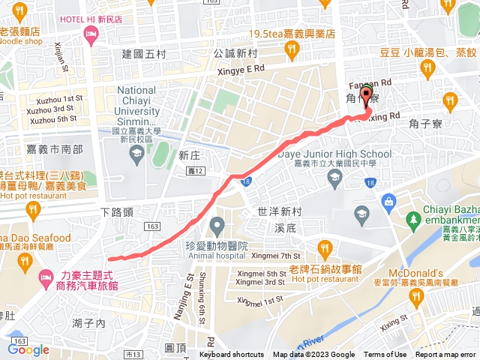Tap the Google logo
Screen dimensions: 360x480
(28, 349)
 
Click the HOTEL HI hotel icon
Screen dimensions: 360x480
(91, 34)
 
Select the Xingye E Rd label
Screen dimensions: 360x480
(240, 68)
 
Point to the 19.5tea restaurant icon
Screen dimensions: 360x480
(292, 50)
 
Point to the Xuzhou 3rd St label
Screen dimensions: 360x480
(52, 109)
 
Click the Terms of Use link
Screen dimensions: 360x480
(385, 355)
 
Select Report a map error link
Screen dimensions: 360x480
(445, 355)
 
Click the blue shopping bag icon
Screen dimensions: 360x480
(388, 201)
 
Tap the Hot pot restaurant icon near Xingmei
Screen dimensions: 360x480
(324, 247)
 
